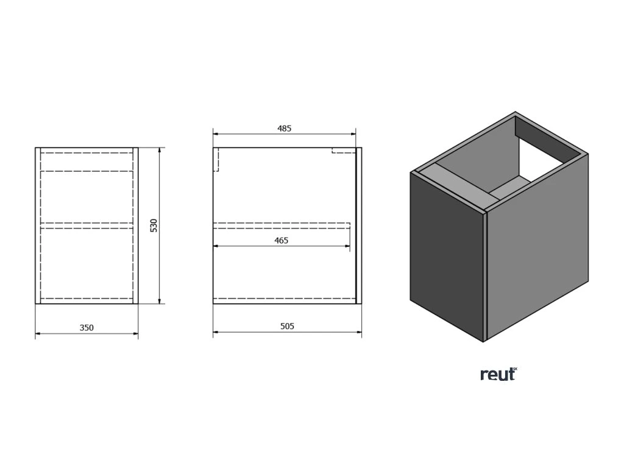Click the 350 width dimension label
coord(87,328)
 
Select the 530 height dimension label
coord(154,225)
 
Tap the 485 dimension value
coord(285,128)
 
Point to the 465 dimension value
coord(281,240)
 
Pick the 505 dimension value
coord(287,327)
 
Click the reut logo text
coord(496,375)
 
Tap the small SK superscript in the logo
coord(514,369)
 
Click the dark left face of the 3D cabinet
coord(446,256)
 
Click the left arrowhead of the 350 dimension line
coord(38,333)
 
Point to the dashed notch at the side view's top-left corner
coord(216,160)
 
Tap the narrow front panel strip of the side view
coord(359,225)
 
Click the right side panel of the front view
coord(136,225)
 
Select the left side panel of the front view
coord(38,225)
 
